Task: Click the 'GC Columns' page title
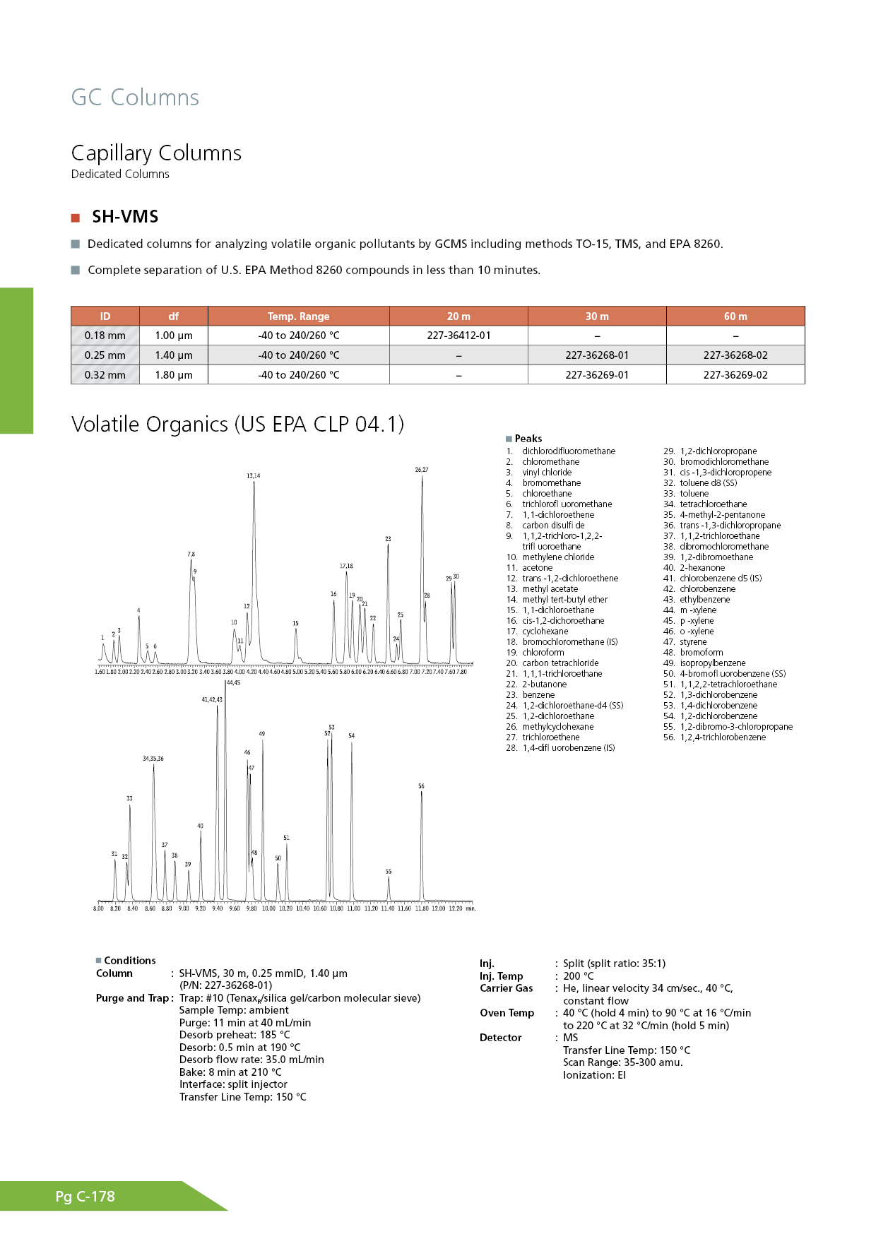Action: pos(135,97)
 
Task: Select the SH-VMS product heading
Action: pos(125,217)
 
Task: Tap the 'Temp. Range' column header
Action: pos(298,316)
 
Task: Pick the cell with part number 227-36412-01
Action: pos(458,336)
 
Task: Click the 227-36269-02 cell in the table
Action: pos(735,375)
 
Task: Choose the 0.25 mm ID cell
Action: pos(105,355)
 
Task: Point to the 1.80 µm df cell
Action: pos(174,375)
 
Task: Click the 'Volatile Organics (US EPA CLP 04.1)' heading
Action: pos(237,424)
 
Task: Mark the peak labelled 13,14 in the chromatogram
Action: pos(253,476)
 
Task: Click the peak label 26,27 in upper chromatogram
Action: pos(422,470)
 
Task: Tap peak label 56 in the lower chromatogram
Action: pos(421,786)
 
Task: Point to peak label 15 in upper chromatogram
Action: pos(295,624)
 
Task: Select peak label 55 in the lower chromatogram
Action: pos(389,872)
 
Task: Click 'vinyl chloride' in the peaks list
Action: pos(547,473)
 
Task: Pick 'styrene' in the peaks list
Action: pos(693,642)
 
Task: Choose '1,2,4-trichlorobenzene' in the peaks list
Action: pos(723,737)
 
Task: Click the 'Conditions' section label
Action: pos(129,961)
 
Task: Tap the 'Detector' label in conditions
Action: pos(500,1038)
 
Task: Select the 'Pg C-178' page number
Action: pos(85,1197)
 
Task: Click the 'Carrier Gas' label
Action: pos(506,988)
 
